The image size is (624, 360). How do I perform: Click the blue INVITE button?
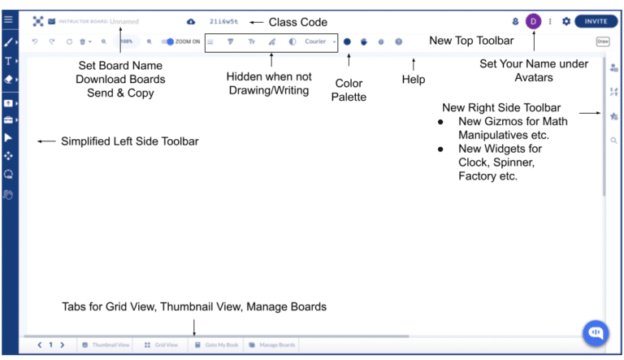[596, 21]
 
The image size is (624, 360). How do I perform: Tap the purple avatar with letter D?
[533, 21]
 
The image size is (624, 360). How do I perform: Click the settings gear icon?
[566, 22]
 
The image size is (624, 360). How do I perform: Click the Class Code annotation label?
[298, 22]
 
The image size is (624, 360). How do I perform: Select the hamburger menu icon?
[9, 19]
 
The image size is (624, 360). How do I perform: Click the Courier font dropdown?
[318, 41]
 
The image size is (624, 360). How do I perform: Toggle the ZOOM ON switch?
[170, 41]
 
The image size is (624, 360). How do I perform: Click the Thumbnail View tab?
[106, 345]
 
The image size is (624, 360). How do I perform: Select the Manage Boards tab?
[272, 345]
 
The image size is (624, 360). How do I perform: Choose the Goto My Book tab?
[217, 345]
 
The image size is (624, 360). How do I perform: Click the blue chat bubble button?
[596, 332]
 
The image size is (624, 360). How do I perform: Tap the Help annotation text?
[414, 80]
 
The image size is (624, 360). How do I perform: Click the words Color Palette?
[350, 90]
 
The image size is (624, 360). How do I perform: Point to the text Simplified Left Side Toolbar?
[129, 141]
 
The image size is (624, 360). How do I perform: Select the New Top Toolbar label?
[470, 41]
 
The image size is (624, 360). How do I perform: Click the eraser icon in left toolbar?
[8, 80]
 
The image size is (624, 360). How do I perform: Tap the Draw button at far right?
[602, 41]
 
